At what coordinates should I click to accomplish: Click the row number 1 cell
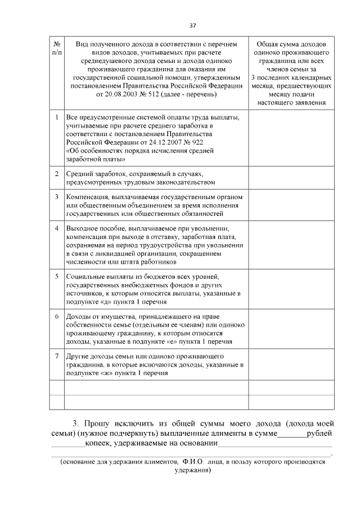click(57, 118)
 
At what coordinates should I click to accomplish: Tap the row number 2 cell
click(57, 174)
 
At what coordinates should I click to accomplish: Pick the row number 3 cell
click(57, 197)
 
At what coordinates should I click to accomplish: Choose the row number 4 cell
click(57, 229)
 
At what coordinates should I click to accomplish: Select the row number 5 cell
click(57, 277)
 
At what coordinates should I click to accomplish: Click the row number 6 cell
click(57, 316)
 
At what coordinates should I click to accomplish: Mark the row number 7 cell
click(57, 357)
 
